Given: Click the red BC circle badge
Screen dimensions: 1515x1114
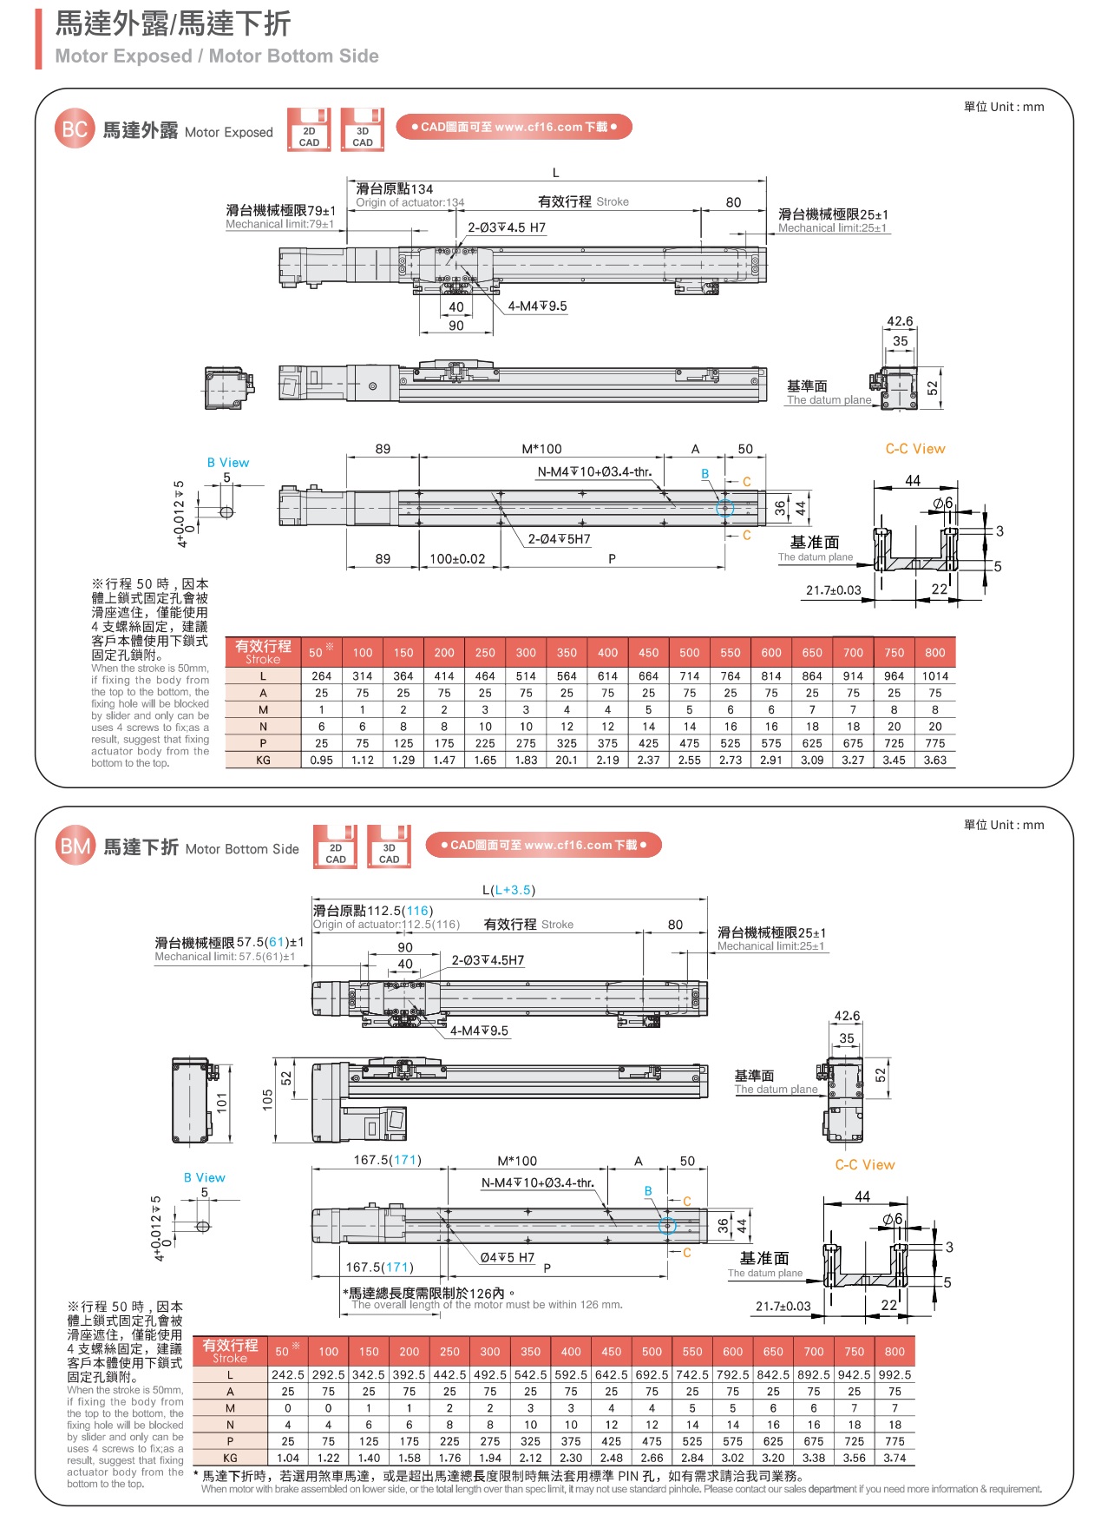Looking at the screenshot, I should pos(74,129).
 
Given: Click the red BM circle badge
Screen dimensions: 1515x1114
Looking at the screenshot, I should pos(75,846).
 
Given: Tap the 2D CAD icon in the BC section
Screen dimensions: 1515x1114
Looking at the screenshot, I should pos(309,129).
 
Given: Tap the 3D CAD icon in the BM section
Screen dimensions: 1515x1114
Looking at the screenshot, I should pos(389,846).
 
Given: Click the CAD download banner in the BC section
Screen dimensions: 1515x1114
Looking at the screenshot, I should pos(514,127).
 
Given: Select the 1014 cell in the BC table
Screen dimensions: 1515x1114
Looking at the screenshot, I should pos(934,676).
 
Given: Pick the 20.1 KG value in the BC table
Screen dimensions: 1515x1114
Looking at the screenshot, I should pos(567,760).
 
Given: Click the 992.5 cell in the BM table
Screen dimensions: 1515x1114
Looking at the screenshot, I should pos(894,1375).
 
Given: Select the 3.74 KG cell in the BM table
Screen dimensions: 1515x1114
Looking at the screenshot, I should pos(894,1458).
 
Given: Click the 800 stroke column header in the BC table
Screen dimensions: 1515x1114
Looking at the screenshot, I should pos(934,653).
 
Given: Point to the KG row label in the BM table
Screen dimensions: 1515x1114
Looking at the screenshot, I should pos(230,1458).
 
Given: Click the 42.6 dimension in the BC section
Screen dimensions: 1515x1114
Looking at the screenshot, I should pos(899,321).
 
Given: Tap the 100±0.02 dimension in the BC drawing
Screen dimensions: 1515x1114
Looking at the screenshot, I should pos(457,559).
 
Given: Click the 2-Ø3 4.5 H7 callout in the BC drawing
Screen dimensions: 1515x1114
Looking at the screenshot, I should pos(507,227).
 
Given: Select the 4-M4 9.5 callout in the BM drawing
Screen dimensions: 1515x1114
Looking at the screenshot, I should pos(479,1031).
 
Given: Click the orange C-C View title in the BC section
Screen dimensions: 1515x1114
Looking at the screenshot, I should pos(914,449).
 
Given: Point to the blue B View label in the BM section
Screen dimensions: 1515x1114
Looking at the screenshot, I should pos(204,1177).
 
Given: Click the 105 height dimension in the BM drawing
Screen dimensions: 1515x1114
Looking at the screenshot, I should pos(267,1100).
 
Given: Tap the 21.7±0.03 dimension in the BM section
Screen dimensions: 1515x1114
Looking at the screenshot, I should pos(783,1306).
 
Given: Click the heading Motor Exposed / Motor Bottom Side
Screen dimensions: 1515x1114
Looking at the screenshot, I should pos(217,56).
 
